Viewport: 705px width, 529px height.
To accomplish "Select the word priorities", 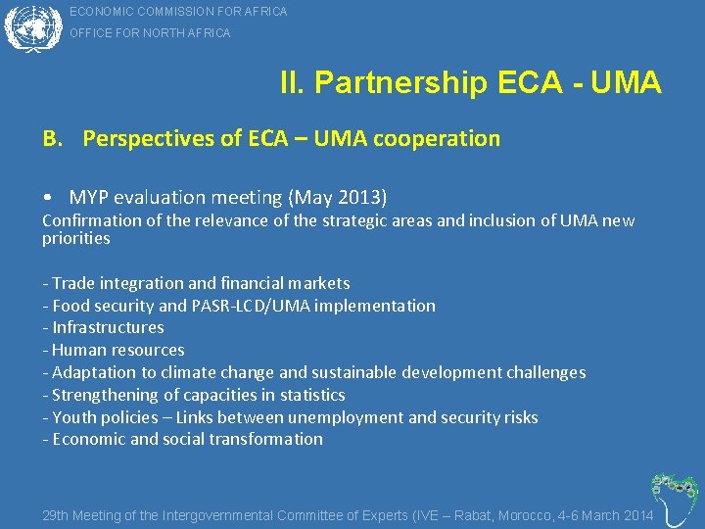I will (x=75, y=239).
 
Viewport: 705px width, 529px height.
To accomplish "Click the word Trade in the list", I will (x=73, y=284).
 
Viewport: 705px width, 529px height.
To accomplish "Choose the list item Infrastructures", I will (x=108, y=328).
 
